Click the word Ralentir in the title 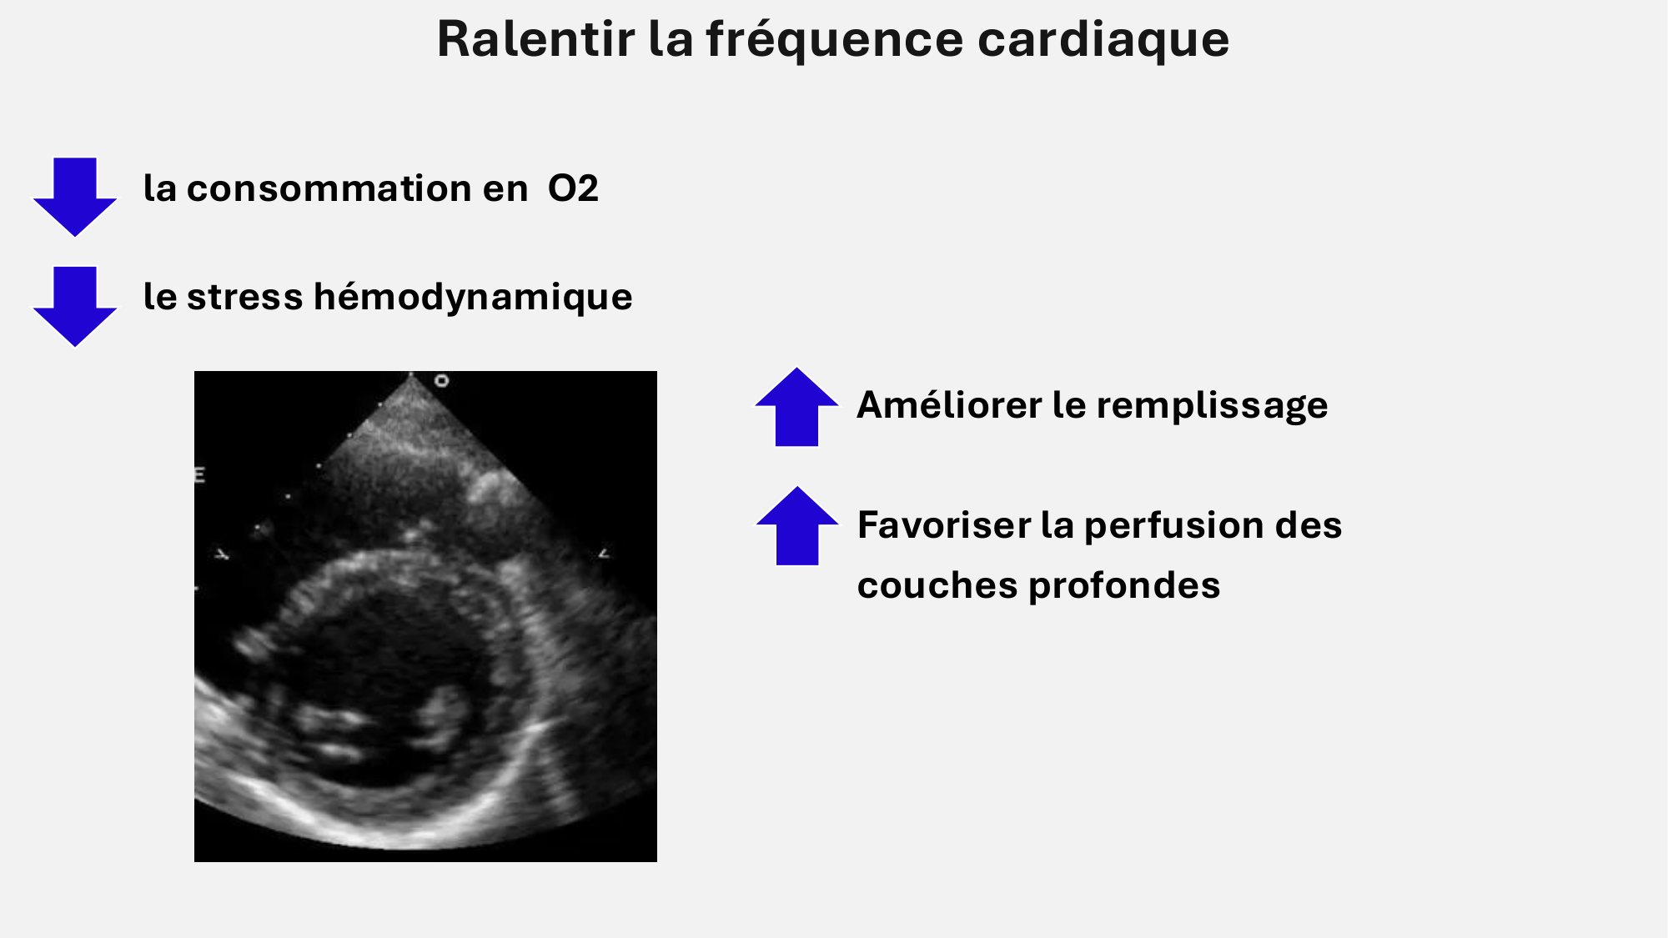[x=535, y=38]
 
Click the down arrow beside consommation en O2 [x=75, y=197]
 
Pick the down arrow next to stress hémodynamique [x=75, y=306]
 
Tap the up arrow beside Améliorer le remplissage [x=796, y=407]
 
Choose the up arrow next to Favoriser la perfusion [x=797, y=526]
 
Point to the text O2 [x=573, y=188]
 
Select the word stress [x=244, y=297]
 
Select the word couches [x=937, y=585]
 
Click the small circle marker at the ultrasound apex [x=442, y=381]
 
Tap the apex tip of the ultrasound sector [x=410, y=374]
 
